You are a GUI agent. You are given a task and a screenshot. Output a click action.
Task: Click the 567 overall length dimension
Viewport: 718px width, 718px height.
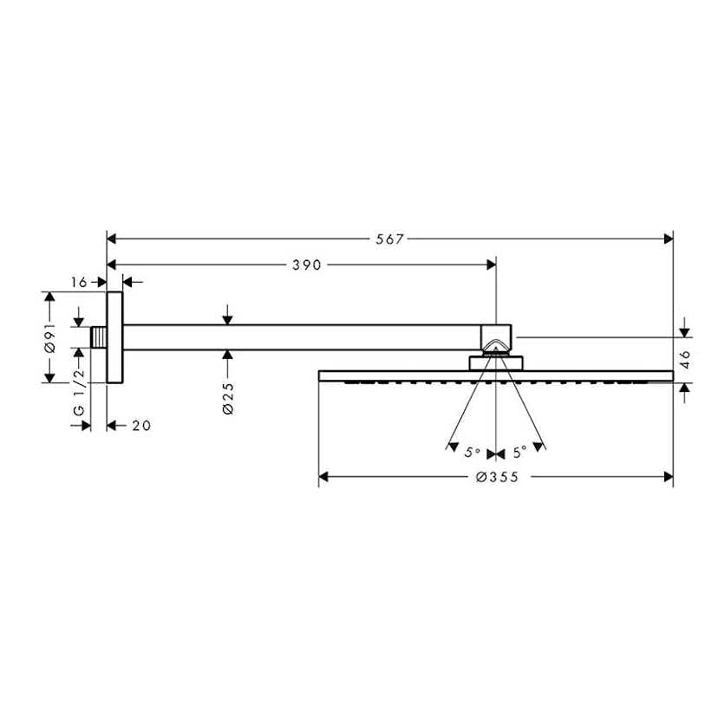point(389,239)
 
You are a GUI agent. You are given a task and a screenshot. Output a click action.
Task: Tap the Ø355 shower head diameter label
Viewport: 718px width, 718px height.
point(496,478)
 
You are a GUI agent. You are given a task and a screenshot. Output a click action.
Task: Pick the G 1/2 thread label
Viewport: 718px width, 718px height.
point(79,395)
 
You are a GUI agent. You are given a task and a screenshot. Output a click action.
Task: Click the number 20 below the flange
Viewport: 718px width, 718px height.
point(141,426)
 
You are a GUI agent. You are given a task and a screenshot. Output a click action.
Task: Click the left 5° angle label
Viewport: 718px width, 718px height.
point(472,452)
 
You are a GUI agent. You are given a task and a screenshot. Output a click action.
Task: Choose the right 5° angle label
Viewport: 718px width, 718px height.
point(519,452)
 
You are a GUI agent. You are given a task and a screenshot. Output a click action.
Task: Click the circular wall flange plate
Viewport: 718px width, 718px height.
point(114,337)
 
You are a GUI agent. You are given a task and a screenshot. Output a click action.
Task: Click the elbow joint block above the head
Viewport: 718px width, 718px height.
point(496,338)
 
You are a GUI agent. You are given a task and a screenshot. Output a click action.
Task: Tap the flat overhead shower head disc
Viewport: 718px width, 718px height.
point(496,375)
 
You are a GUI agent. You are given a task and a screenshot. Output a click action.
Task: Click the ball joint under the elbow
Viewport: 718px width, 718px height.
point(496,361)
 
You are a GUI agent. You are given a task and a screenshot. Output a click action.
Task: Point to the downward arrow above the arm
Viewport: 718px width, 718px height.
point(227,317)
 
